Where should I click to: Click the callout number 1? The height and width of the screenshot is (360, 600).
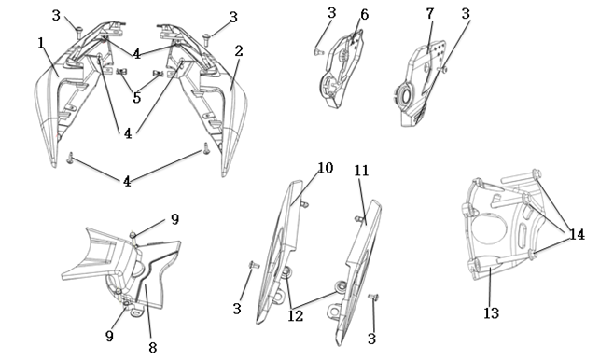[x=41, y=43]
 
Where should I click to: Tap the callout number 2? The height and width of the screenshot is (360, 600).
[x=239, y=51]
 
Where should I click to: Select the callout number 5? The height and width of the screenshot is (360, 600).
[x=136, y=98]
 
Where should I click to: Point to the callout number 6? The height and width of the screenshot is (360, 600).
[x=364, y=15]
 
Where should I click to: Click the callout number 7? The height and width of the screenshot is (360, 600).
[x=430, y=13]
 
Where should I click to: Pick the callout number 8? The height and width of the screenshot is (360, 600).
[x=152, y=347]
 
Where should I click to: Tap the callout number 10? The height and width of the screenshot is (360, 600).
[x=326, y=168]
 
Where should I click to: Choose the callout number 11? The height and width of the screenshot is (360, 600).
[x=361, y=171]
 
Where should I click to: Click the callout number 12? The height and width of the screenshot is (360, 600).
[x=296, y=315]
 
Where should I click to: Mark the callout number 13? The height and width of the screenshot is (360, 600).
[x=492, y=313]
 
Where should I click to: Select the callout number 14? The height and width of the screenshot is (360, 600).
[x=577, y=234]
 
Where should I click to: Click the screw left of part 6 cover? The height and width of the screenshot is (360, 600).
[x=318, y=51]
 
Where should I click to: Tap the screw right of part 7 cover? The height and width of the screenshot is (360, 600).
[x=443, y=69]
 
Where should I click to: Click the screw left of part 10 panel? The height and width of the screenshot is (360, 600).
[x=254, y=264]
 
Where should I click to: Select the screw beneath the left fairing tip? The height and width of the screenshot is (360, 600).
[x=70, y=158]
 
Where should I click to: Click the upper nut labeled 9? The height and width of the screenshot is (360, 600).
[x=133, y=234]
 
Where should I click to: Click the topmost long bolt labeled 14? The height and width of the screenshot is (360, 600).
[x=521, y=176]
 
